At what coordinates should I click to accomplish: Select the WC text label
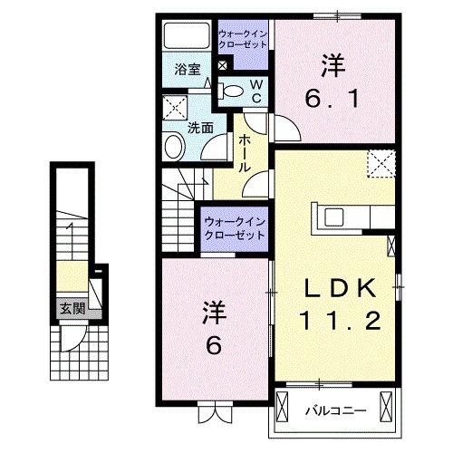click(256, 90)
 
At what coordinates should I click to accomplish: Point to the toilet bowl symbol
click(233, 89)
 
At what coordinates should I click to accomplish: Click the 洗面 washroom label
click(200, 128)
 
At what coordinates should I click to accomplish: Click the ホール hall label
click(244, 152)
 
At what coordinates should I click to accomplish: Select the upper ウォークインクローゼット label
click(242, 40)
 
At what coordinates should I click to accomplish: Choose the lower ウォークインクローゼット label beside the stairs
click(234, 226)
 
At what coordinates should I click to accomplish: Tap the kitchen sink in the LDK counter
click(333, 217)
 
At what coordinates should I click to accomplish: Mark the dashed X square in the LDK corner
click(380, 165)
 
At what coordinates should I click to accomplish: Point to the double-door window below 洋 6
click(215, 415)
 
